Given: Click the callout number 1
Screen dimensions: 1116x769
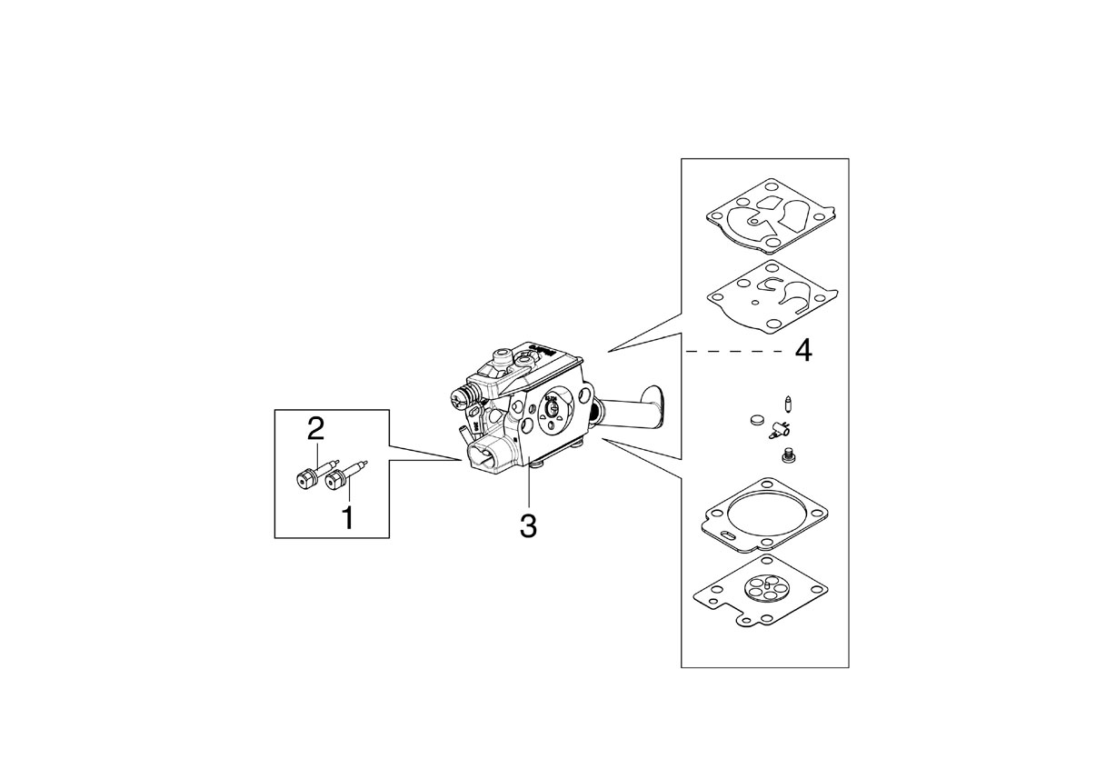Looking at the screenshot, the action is point(348,518).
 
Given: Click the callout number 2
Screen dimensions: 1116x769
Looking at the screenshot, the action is point(315,429).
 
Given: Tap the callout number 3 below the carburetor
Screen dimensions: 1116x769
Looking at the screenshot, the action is point(528,525).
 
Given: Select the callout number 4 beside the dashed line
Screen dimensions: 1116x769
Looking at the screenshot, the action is point(803,351).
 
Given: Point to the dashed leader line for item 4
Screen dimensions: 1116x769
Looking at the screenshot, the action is point(736,352).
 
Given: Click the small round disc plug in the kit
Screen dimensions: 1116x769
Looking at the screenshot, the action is point(757,420).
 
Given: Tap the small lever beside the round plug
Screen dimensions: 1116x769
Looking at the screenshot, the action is point(778,428).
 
